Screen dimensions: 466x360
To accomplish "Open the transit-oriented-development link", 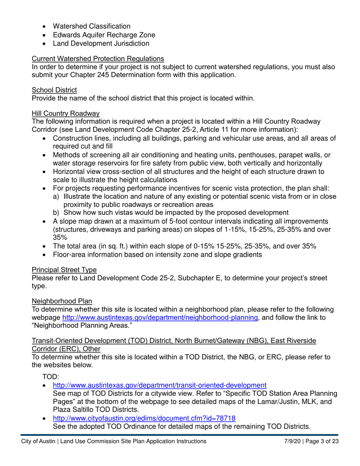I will click(x=160, y=385).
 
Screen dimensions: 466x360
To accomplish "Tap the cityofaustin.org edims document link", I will click(x=144, y=418).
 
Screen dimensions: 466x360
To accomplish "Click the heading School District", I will click(x=54, y=90).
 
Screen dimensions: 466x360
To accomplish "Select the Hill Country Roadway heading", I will click(x=66, y=113).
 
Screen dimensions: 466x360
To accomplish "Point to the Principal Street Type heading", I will click(x=64, y=270).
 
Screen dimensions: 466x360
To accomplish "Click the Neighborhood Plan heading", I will click(x=62, y=301).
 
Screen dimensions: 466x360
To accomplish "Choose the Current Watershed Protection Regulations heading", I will click(x=98, y=58).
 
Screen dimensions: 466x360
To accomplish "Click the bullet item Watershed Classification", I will click(x=91, y=26).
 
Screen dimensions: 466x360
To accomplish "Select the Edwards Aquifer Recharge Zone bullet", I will click(x=104, y=35).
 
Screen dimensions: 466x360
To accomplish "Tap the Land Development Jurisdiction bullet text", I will click(x=101, y=44).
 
